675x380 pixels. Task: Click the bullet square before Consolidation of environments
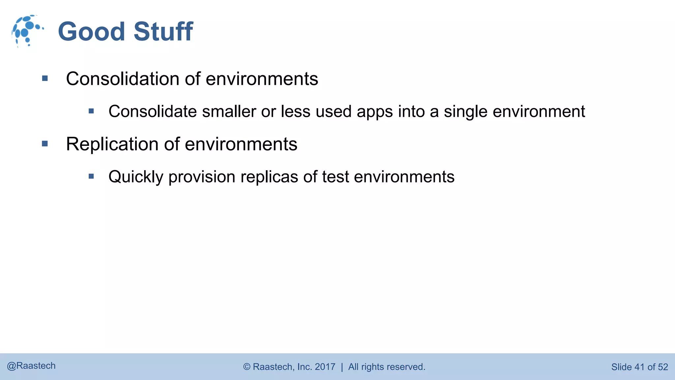[x=45, y=79]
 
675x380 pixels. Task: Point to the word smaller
[x=229, y=111]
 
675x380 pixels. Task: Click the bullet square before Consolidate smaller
[x=91, y=111]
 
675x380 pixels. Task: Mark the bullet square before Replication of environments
[x=45, y=144]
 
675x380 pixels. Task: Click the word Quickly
[x=136, y=177]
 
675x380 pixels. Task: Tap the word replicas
[x=269, y=177]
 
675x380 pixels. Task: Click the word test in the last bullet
[x=335, y=177]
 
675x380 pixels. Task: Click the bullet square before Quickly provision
[x=91, y=176]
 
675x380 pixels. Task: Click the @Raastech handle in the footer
[x=31, y=366]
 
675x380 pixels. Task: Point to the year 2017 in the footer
[x=325, y=367]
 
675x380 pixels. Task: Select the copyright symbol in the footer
[x=247, y=367]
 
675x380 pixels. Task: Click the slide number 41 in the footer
[x=639, y=367]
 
